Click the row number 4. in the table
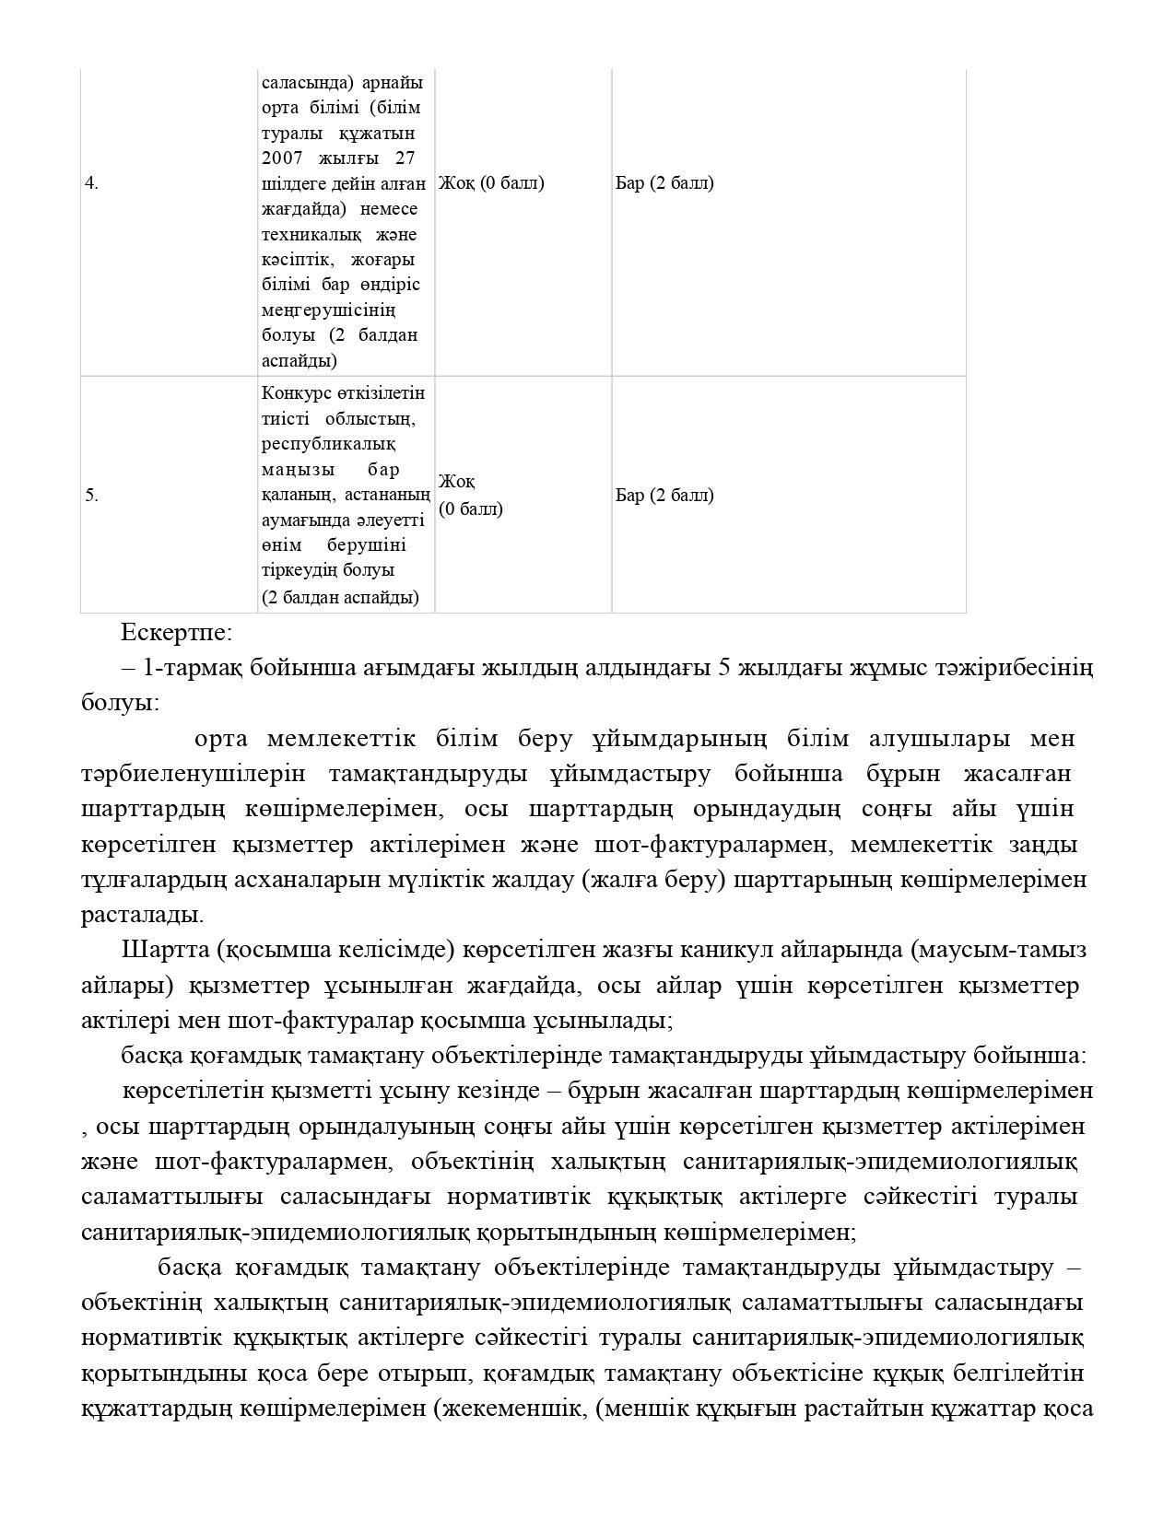[91, 183]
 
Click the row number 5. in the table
[91, 496]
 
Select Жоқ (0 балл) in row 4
[491, 182]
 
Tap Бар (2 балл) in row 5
[664, 495]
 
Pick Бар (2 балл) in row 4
[664, 182]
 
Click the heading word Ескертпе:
[176, 633]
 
